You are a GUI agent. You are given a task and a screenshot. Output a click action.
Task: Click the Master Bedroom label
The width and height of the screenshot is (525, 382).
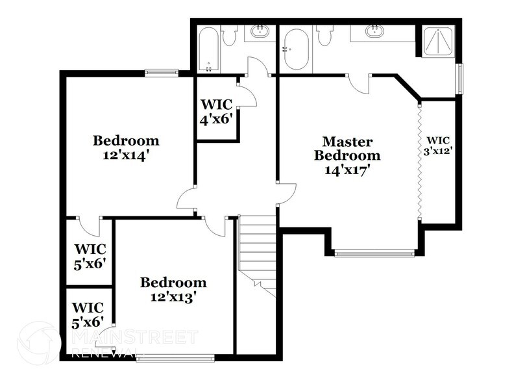(347, 149)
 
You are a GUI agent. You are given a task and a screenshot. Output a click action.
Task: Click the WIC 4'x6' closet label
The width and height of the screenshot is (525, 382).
(217, 111)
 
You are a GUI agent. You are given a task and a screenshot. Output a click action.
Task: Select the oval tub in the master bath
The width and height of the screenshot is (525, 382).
(295, 49)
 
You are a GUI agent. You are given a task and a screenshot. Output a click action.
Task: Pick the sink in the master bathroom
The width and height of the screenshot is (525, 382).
(374, 30)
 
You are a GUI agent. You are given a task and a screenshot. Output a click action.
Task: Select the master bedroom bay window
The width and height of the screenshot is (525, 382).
(374, 253)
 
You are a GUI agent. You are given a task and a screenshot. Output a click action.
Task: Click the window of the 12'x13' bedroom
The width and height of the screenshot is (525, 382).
(175, 356)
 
